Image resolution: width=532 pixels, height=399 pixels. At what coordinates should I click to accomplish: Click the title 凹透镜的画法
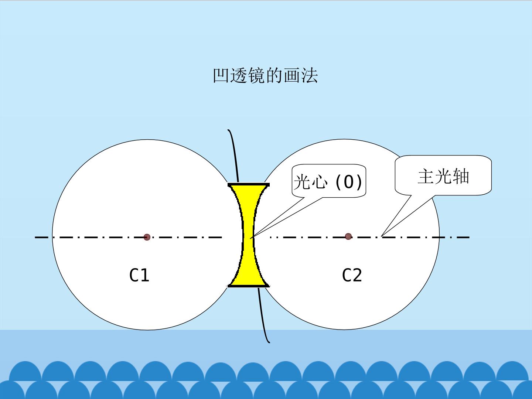point(265,76)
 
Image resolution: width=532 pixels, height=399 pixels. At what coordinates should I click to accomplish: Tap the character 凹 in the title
point(221,76)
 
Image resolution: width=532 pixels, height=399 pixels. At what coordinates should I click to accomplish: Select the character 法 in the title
point(310,76)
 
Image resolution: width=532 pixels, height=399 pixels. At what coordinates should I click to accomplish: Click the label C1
point(139,275)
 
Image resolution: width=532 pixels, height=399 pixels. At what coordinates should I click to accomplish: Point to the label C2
point(352,275)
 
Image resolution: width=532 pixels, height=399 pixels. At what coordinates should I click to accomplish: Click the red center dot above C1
point(147,237)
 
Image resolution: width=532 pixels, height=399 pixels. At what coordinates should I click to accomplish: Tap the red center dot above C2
point(348,236)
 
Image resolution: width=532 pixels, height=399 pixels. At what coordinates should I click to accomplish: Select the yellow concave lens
point(248,235)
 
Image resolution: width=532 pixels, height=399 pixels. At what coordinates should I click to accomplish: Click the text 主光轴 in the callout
point(443,176)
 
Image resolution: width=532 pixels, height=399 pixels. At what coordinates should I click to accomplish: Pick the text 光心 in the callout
point(311,182)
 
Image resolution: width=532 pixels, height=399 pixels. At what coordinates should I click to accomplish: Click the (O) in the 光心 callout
point(349,182)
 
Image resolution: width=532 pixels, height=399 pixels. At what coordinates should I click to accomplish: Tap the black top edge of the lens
point(249,185)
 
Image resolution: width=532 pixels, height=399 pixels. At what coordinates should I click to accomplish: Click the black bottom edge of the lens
point(249,286)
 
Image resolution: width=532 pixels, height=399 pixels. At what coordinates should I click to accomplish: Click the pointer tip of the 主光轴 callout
point(381,236)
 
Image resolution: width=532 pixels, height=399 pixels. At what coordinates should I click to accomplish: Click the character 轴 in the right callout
point(461,176)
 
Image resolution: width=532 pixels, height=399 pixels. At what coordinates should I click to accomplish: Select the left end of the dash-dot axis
point(35,238)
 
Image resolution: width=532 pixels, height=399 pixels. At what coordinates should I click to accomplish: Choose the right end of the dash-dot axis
point(470,238)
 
